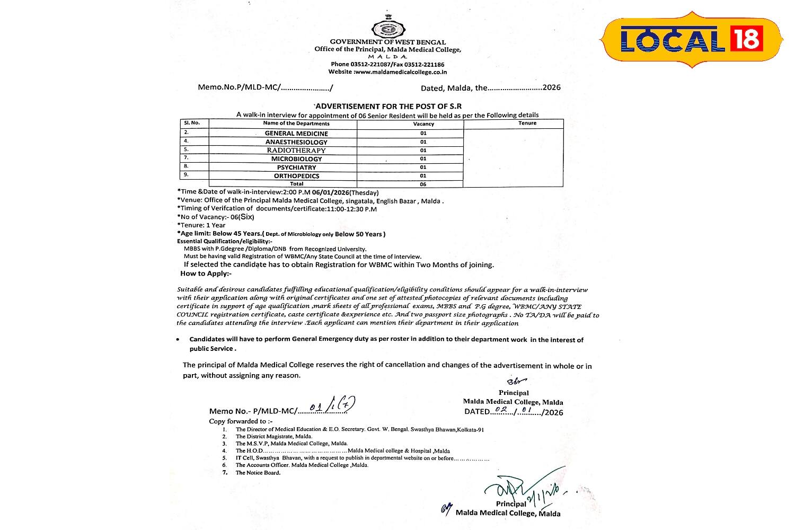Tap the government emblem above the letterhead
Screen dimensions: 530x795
[x=388, y=26]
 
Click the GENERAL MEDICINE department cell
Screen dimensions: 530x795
[x=296, y=134]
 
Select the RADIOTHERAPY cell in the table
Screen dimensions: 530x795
[x=296, y=151]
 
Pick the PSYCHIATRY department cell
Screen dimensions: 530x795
[x=296, y=167]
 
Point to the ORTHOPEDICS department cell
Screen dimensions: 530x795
[x=296, y=176]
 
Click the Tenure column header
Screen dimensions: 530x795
[x=527, y=123]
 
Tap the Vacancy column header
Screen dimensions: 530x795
[x=423, y=123]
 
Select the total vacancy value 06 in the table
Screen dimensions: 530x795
[x=423, y=184]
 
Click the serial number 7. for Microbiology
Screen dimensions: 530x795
[x=187, y=158]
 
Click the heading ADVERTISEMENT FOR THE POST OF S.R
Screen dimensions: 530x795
[x=387, y=107]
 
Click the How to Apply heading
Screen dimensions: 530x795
[x=206, y=273]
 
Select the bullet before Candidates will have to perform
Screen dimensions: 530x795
[x=178, y=340]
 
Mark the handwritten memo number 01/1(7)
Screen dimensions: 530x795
[x=332, y=407]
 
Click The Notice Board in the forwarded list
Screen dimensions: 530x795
[x=258, y=473]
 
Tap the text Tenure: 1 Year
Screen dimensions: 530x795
[x=202, y=225]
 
